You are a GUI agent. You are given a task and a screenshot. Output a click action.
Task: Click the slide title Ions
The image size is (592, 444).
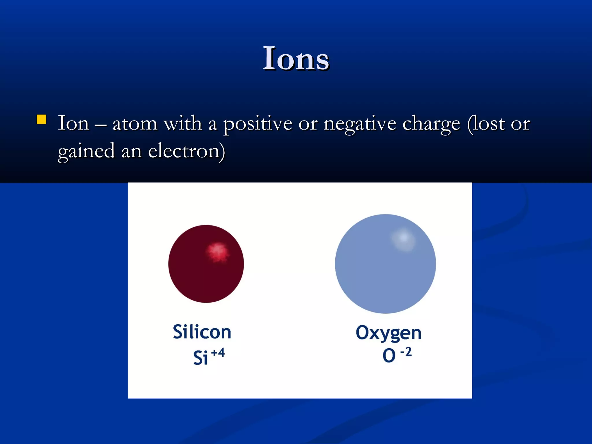coord(296,59)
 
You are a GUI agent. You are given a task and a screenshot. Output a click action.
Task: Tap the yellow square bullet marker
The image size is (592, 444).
coord(42,119)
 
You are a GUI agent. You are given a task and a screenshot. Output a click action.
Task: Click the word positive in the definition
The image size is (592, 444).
coord(258,124)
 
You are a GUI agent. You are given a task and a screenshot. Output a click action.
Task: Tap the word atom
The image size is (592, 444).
coord(135,124)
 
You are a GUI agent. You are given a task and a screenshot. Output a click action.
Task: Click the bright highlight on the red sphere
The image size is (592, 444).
coord(217,252)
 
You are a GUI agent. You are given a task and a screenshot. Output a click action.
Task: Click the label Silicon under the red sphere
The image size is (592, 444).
coord(202,332)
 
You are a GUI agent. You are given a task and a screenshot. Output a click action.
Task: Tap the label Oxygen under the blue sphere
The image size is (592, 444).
coord(388,333)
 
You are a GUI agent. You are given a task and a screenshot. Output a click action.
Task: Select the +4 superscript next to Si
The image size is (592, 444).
coord(218,353)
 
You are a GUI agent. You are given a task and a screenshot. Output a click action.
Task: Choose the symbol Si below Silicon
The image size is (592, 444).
coord(200,358)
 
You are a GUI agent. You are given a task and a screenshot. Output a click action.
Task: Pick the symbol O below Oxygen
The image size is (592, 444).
coord(389,355)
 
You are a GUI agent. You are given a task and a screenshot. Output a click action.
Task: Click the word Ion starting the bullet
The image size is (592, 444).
coord(73,123)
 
